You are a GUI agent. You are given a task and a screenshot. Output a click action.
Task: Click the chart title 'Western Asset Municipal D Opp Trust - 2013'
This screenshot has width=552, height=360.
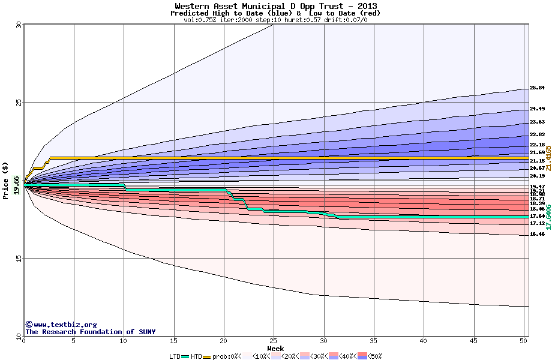[276, 7]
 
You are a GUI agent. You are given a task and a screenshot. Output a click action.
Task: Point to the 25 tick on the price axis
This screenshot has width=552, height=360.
[19, 103]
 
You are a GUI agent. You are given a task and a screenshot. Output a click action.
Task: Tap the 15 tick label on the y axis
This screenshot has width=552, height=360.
[19, 259]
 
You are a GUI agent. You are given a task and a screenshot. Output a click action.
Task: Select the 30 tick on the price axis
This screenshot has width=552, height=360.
[19, 25]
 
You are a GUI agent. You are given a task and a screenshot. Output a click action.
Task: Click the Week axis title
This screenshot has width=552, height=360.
[275, 349]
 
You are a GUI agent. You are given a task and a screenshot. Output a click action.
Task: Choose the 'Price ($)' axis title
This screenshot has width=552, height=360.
[6, 180]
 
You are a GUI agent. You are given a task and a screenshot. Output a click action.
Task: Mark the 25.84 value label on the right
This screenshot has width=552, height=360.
[537, 88]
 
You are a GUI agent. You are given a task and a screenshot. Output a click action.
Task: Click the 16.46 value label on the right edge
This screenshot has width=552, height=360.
[537, 235]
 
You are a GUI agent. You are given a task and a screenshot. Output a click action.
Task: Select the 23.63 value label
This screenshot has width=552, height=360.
[537, 122]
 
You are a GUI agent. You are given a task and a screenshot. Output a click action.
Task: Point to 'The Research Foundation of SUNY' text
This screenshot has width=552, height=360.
[90, 332]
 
